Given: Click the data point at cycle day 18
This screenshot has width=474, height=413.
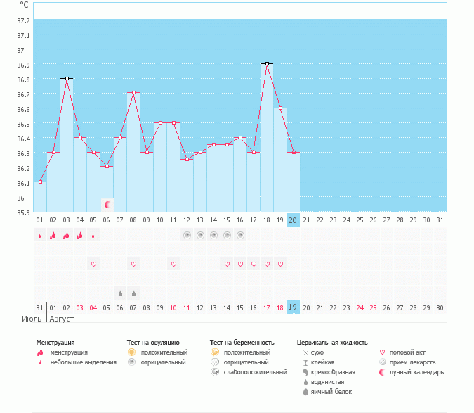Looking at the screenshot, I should [x=267, y=64].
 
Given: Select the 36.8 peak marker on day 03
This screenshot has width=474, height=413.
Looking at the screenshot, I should [x=67, y=78].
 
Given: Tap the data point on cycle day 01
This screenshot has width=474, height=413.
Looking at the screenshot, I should [x=40, y=182].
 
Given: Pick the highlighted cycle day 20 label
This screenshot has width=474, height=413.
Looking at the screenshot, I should [x=294, y=220].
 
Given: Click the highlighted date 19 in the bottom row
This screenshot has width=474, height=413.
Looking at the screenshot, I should [x=294, y=307].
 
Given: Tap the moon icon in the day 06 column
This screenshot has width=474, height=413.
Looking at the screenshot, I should [x=107, y=205].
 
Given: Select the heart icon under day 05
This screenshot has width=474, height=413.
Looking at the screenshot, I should [x=93, y=264].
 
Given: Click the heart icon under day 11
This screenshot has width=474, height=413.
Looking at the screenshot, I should [x=173, y=264].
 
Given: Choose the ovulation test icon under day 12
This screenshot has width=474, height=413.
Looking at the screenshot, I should [x=187, y=235].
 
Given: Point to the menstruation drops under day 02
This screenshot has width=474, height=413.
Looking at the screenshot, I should [x=53, y=235].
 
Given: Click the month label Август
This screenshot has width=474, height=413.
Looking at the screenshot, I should [x=61, y=319].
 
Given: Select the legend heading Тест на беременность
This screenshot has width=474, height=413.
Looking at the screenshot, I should [x=242, y=343].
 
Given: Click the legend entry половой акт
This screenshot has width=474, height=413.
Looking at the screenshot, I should [x=407, y=352].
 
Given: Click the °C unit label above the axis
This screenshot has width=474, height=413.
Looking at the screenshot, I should [x=25, y=5].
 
